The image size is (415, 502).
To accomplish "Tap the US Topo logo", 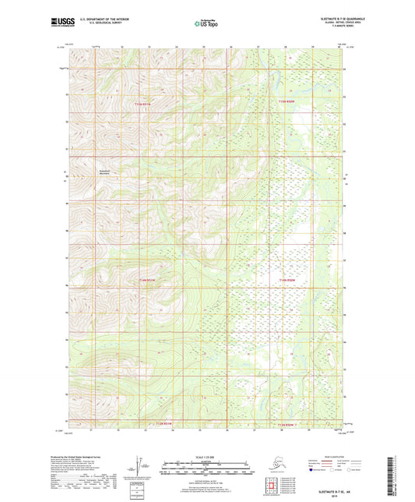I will tap(206, 23).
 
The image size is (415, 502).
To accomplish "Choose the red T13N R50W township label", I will tap(287, 424).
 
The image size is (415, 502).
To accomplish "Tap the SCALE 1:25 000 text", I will tap(206, 457).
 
